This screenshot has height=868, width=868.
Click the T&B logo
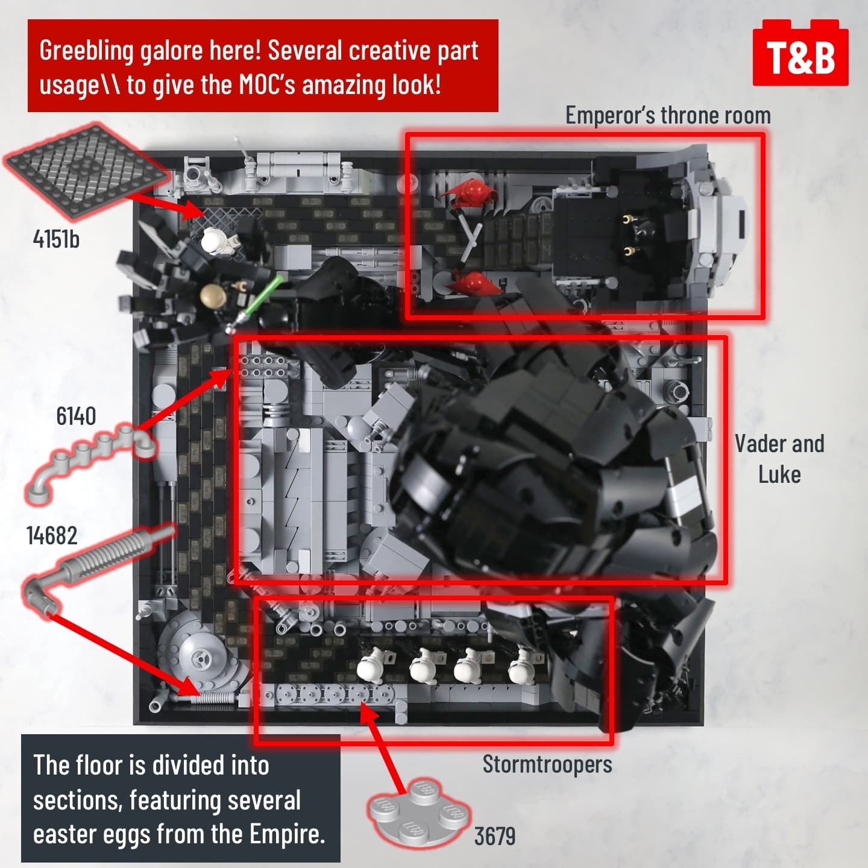800,52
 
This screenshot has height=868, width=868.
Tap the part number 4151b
56,239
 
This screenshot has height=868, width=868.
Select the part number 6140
76,416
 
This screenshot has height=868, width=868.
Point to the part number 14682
52,536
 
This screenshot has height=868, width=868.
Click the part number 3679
495,836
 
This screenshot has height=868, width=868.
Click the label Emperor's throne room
668,115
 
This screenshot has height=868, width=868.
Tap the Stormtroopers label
547,764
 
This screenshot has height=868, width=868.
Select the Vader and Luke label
780,459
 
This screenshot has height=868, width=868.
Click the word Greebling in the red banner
86,51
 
